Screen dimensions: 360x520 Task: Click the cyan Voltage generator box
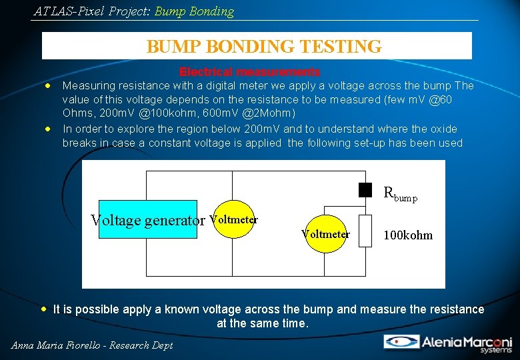pos(147,219)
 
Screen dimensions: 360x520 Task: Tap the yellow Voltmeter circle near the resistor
pos(325,234)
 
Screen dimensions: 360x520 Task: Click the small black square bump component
pos(365,190)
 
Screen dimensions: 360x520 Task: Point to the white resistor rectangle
pos(365,231)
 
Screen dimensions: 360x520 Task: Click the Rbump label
pos(400,194)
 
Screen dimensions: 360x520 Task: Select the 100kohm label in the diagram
pos(408,235)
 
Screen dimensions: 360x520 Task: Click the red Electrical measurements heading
pos(249,71)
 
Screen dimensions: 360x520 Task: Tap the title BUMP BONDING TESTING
pos(264,47)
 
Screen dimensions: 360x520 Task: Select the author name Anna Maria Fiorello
pos(54,345)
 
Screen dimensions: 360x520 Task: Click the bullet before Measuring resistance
pos(48,86)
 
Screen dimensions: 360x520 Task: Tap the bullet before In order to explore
pos(48,129)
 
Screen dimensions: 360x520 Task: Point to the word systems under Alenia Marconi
pos(497,350)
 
